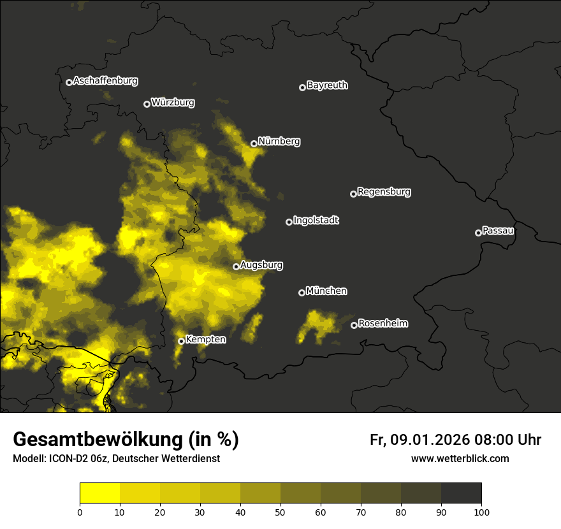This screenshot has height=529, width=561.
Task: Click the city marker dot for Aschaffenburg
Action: click(x=69, y=82)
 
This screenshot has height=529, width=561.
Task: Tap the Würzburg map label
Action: click(x=173, y=103)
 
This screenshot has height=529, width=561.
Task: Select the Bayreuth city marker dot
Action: click(x=302, y=87)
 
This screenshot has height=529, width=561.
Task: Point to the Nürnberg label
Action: click(x=279, y=141)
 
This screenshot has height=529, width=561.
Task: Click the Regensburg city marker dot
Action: click(x=353, y=194)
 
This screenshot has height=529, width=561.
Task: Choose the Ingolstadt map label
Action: click(x=316, y=221)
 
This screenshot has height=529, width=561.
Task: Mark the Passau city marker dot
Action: click(x=478, y=233)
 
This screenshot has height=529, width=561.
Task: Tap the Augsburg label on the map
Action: click(x=261, y=264)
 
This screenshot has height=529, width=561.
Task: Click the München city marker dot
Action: click(x=302, y=293)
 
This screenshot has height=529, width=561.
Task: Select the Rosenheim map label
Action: click(x=382, y=323)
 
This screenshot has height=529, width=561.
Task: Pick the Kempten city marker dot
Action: click(x=181, y=341)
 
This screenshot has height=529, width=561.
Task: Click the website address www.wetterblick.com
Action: click(x=460, y=458)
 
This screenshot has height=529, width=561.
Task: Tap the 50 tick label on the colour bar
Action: click(x=280, y=512)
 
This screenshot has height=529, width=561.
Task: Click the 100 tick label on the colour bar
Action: click(x=481, y=512)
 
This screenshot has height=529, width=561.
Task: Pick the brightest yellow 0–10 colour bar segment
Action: click(x=99, y=493)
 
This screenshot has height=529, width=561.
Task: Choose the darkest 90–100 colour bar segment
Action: click(x=461, y=493)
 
